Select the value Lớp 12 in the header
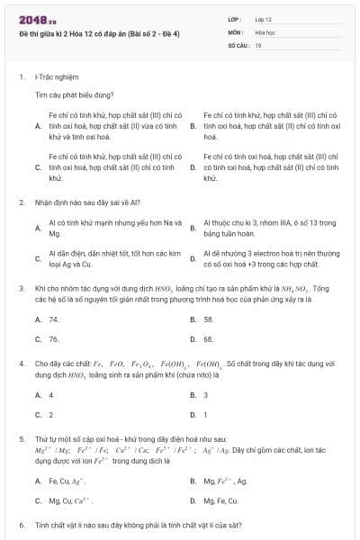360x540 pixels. point(264,19)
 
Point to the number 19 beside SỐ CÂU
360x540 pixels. point(258,44)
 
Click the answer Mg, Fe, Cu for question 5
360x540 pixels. point(221,500)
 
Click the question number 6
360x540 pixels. point(21,524)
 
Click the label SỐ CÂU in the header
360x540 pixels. point(238,44)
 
